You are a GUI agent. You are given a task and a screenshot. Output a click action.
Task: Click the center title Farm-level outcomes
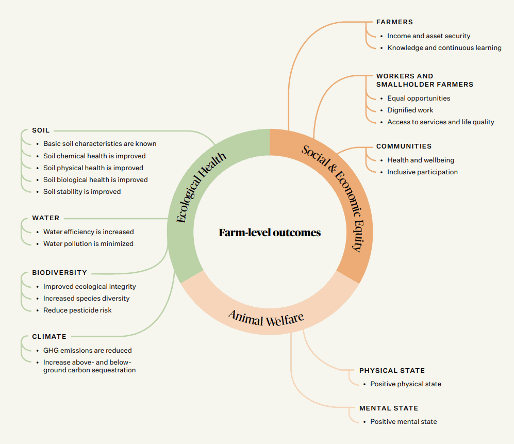[270, 233]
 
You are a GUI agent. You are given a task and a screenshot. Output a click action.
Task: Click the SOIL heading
[41, 130]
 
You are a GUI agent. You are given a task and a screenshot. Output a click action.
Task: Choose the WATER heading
[45, 218]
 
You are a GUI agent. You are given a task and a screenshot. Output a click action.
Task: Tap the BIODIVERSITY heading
[59, 273]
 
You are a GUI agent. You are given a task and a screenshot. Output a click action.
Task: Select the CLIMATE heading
[49, 337]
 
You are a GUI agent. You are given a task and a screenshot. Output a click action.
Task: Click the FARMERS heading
[394, 22]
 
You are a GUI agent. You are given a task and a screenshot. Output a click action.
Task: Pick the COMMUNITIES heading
[404, 146]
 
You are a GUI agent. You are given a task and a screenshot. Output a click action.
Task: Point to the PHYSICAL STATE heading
[392, 371]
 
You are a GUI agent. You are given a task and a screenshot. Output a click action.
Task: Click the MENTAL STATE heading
[389, 408]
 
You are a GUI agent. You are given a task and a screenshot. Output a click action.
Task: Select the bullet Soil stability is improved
[82, 191]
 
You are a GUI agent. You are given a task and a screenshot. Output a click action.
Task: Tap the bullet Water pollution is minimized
[88, 243]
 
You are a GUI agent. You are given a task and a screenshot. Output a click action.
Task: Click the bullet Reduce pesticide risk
[77, 310]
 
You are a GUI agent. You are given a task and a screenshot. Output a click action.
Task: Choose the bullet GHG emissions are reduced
[87, 350]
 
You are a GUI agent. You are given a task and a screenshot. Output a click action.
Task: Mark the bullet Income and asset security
[428, 36]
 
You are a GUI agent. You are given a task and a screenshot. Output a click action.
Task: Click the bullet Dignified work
[410, 110]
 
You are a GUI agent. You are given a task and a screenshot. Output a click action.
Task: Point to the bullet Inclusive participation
[422, 172]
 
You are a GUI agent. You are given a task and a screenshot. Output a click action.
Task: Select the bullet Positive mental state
[403, 421]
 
